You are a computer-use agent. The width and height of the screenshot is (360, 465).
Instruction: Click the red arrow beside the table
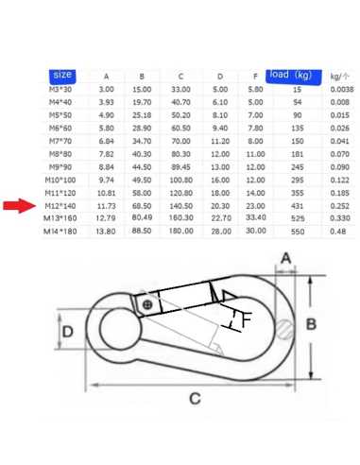[x=20, y=206]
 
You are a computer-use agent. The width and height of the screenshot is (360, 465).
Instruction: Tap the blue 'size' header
[x=62, y=76]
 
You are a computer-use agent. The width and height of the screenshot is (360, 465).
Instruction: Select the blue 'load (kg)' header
[x=294, y=77]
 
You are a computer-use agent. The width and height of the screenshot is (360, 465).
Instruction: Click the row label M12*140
[x=60, y=206]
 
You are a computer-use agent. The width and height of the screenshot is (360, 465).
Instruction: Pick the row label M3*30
[x=60, y=90]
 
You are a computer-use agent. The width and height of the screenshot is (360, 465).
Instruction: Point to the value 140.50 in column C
[x=180, y=206]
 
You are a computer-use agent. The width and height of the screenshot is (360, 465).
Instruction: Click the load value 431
[x=297, y=206]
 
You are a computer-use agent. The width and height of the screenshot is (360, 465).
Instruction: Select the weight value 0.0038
[x=342, y=90]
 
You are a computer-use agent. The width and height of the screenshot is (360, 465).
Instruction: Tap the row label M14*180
[x=60, y=232]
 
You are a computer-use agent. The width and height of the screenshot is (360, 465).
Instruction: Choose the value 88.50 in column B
[x=142, y=231]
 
